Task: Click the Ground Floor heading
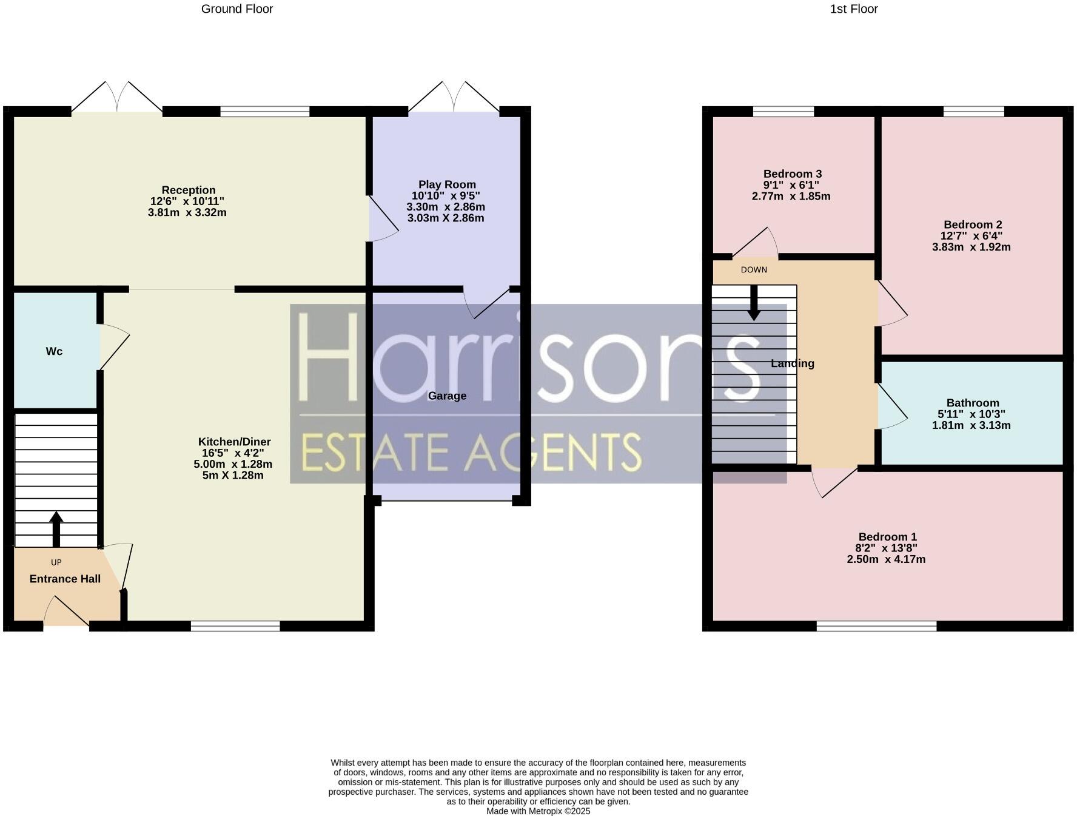click(x=237, y=9)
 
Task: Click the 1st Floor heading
click(x=853, y=9)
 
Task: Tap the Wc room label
click(x=54, y=351)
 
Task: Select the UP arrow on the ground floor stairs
click(x=56, y=528)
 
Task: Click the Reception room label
click(x=188, y=190)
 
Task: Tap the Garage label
click(x=447, y=396)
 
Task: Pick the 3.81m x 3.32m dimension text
click(x=187, y=213)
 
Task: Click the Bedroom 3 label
click(x=792, y=174)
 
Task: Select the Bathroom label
click(x=972, y=403)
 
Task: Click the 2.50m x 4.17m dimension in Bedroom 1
click(x=886, y=559)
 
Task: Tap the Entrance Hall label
click(x=65, y=579)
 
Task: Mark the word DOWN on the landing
click(x=754, y=270)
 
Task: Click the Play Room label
click(x=447, y=184)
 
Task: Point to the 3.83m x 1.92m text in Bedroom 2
click(x=971, y=247)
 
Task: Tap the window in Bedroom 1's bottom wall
click(x=876, y=625)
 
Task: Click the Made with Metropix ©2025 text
click(x=538, y=811)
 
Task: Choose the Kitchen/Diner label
click(x=234, y=442)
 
